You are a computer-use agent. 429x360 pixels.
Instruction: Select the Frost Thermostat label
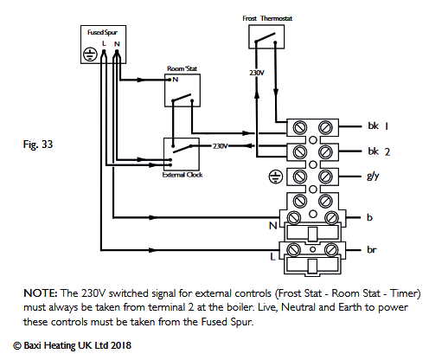coord(265,17)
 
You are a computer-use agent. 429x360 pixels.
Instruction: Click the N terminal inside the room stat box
coord(175,80)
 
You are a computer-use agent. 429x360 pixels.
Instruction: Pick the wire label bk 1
coord(375,126)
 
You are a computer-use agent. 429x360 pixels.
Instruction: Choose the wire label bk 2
coord(375,151)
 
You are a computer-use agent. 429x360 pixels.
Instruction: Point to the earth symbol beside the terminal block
coord(275,177)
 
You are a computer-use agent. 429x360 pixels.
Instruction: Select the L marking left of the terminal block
coord(272,257)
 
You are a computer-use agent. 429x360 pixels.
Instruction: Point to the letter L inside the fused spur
coord(103,42)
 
